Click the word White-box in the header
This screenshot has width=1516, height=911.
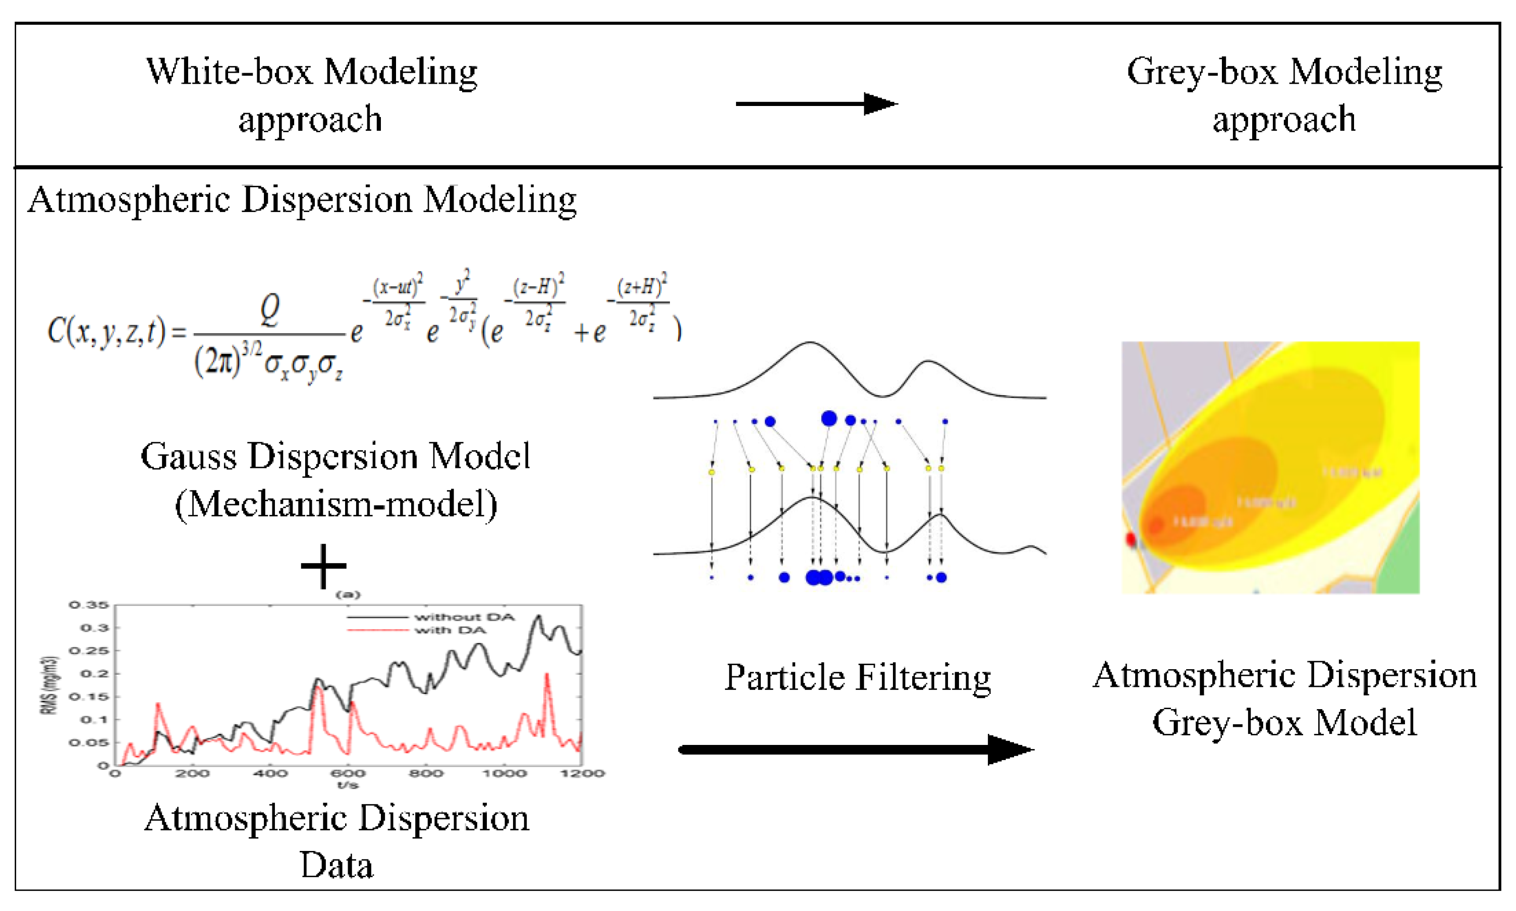pos(231,72)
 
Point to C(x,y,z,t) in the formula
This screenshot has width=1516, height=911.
pos(106,332)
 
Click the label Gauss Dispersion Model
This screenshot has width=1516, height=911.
pos(335,456)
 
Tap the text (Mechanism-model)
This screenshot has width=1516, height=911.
pos(335,505)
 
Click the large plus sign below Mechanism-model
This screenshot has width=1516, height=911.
pos(323,566)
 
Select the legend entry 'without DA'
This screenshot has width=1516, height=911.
pos(464,617)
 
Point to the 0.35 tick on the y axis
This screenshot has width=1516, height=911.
pos(88,605)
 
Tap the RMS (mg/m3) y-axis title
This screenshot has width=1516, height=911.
pos(50,686)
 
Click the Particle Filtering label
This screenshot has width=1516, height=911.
pos(857,677)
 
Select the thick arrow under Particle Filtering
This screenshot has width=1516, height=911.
pos(856,749)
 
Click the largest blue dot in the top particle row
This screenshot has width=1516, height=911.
pos(828,419)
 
